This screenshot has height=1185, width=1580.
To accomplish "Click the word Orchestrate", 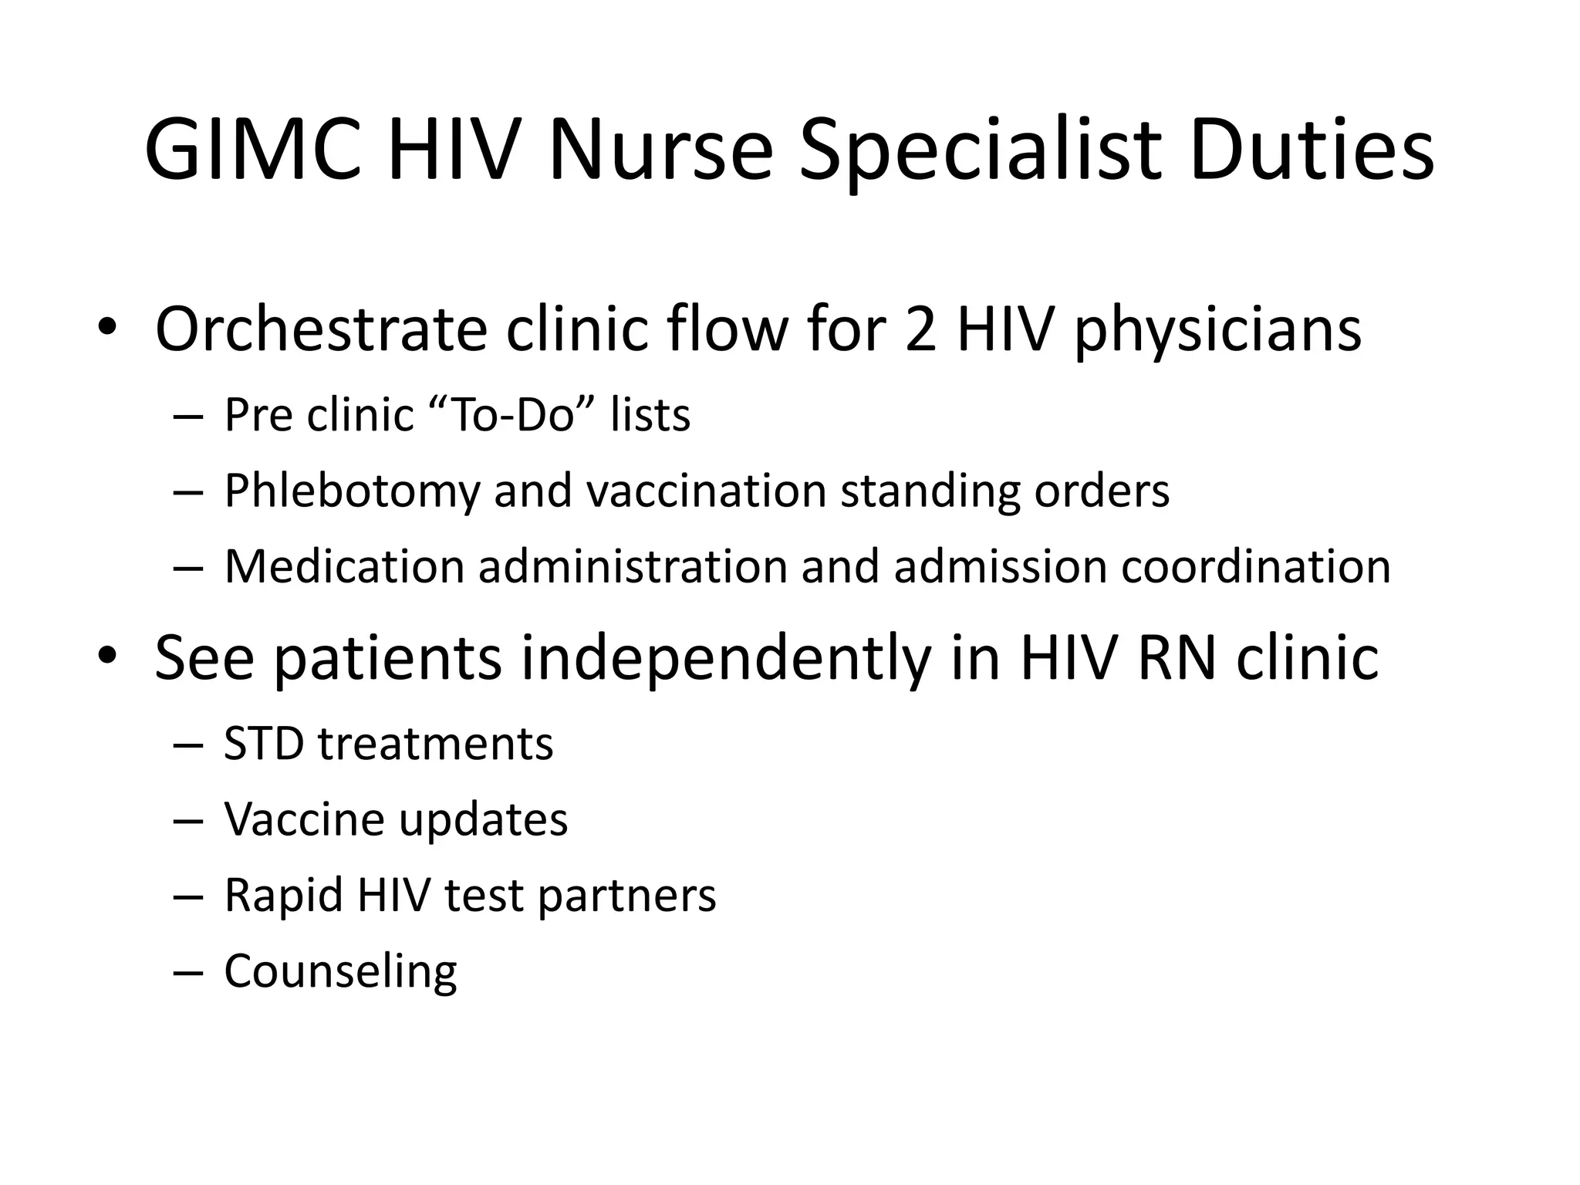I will click(321, 329).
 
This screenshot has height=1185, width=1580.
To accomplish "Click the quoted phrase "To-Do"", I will click(510, 415).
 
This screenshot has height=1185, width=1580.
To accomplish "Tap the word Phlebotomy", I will click(352, 491).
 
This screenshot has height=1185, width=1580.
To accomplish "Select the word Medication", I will click(344, 566).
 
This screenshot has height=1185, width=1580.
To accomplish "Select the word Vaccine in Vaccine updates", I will click(304, 819).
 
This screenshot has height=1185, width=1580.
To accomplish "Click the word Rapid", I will click(283, 896).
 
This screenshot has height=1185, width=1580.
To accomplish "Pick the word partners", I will click(626, 896).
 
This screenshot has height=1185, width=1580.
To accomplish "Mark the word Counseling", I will click(340, 971).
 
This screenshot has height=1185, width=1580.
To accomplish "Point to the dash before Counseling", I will click(187, 971).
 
